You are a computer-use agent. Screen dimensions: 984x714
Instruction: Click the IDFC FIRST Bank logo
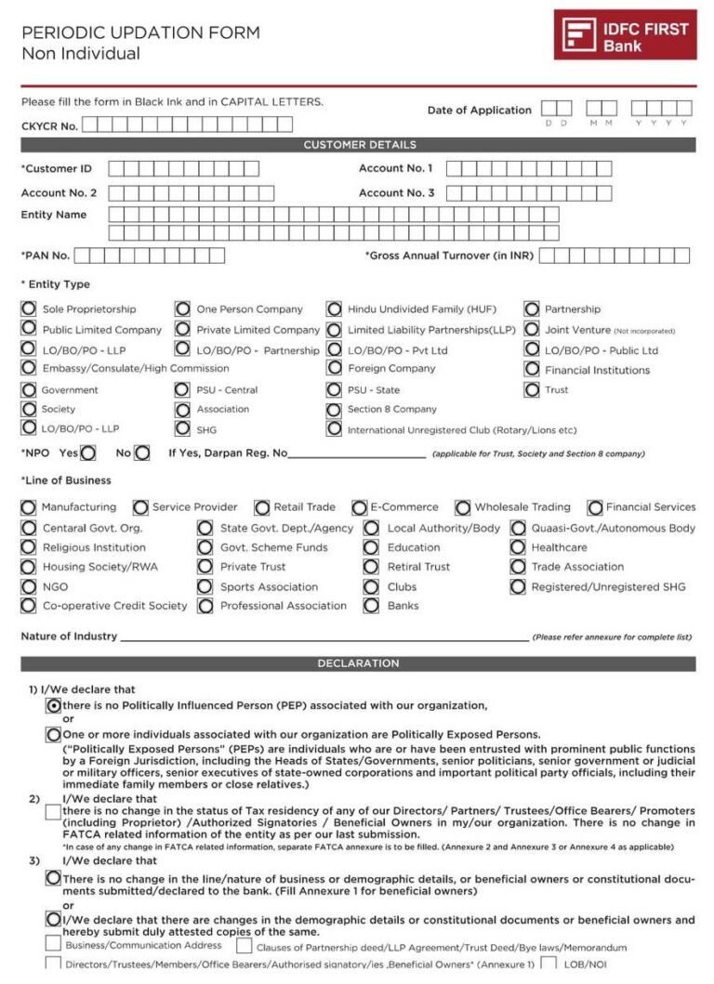(x=625, y=34)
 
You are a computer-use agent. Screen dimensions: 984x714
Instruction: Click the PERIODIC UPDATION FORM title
(x=140, y=33)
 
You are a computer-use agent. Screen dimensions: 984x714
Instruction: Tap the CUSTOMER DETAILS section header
(x=359, y=145)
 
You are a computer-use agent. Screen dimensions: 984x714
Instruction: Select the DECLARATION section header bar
(x=359, y=663)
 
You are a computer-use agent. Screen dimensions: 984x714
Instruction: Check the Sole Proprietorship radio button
(x=29, y=308)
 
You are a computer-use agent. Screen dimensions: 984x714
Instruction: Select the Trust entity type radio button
(x=532, y=389)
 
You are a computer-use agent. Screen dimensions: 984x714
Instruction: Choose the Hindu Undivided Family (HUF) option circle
(x=334, y=308)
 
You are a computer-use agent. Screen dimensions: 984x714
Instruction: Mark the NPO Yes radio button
(x=88, y=453)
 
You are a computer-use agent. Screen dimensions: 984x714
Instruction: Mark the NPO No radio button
(x=141, y=453)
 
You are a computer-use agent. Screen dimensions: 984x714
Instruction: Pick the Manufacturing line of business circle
(x=29, y=507)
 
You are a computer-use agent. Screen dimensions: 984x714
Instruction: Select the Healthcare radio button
(x=518, y=547)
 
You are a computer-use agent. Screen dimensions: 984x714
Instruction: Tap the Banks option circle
(x=371, y=606)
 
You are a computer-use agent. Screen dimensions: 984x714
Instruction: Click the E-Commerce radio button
(x=359, y=507)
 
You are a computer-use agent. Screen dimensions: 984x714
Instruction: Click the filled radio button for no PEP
(x=54, y=705)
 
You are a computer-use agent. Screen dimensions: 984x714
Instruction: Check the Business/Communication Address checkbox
(x=54, y=944)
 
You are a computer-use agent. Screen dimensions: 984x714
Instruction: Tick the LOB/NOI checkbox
(x=549, y=964)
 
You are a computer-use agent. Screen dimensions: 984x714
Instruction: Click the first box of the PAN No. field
(x=84, y=256)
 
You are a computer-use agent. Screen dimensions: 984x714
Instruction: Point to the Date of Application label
(x=479, y=110)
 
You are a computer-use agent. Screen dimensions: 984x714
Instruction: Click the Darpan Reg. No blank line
(x=357, y=454)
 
